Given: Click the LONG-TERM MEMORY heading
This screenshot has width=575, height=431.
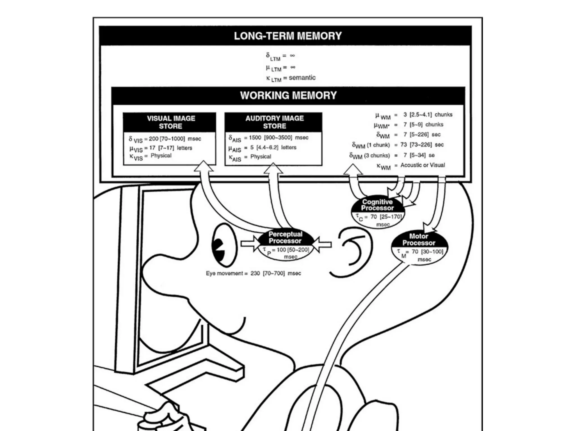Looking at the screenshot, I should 288,36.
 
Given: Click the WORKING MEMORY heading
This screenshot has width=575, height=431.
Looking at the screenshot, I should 288,95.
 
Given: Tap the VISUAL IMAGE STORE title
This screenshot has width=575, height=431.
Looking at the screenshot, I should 171,122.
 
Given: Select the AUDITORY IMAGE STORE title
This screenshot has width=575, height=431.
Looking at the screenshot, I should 274,122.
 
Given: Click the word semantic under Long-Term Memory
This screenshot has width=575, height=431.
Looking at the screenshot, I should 302,78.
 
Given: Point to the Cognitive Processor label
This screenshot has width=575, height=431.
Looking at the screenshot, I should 377,205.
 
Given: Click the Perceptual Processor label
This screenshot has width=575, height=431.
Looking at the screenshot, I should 285,237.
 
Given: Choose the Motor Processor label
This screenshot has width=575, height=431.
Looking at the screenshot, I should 419,239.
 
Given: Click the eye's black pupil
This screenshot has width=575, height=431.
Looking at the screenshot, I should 219,248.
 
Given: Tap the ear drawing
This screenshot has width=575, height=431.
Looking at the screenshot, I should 354,250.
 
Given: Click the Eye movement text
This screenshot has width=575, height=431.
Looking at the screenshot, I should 225,273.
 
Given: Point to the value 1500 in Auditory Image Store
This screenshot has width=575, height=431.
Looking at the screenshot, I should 255,137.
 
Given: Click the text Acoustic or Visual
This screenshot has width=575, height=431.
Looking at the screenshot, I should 423,165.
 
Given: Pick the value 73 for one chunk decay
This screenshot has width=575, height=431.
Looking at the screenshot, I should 403,145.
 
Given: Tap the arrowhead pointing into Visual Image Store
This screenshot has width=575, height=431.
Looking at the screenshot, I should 203,166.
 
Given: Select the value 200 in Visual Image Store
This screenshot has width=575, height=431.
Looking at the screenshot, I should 154,139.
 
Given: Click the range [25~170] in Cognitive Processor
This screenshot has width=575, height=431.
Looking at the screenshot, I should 391,217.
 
